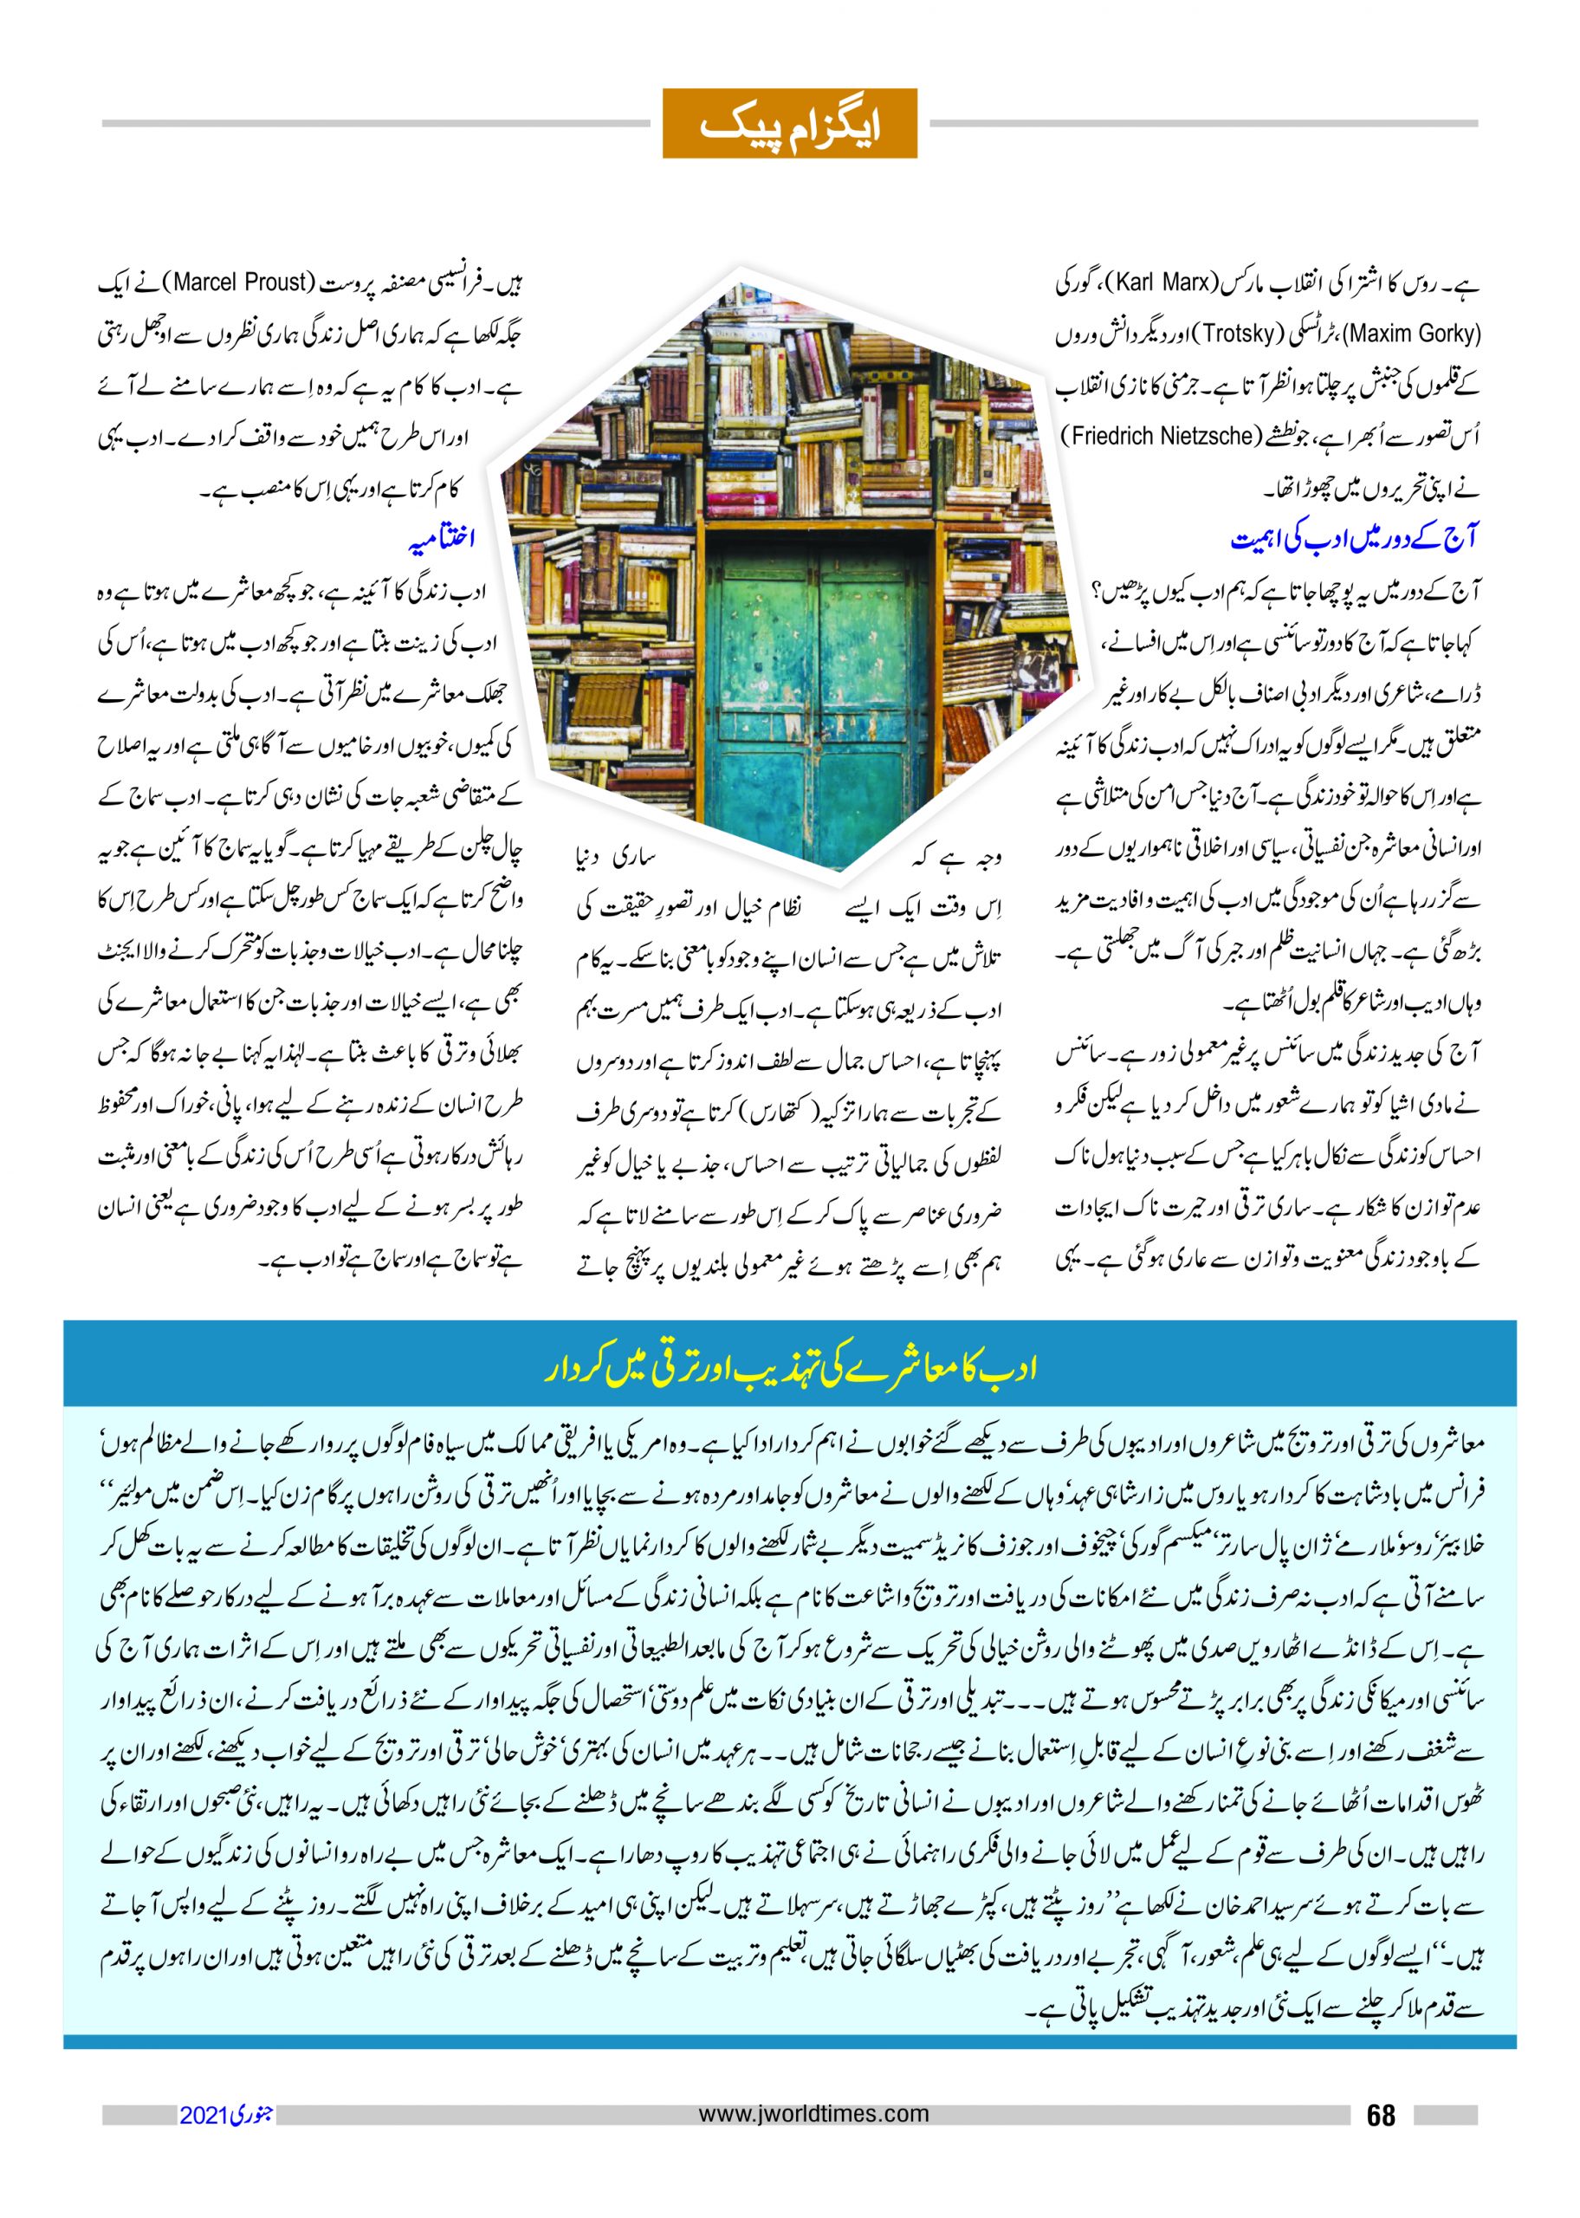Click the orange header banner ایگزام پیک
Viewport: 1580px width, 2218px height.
(789, 124)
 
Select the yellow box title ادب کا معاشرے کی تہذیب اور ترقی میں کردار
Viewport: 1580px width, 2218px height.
(789, 1369)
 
